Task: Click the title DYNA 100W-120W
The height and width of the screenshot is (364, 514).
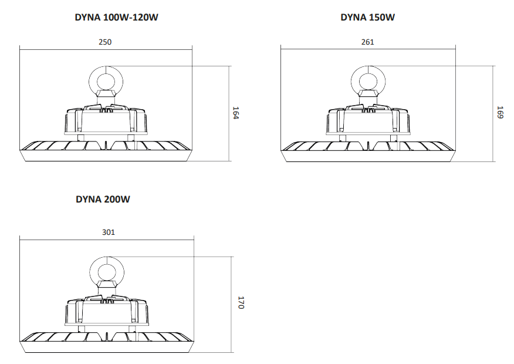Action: click(x=116, y=18)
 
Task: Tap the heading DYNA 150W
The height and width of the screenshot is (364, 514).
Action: click(x=368, y=18)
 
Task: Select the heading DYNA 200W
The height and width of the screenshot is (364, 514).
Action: click(x=103, y=199)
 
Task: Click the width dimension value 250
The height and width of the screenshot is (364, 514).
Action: click(x=106, y=42)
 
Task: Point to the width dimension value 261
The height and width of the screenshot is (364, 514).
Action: click(x=368, y=42)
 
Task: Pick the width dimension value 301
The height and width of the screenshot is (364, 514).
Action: click(x=108, y=232)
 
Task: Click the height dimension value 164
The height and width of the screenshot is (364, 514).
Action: click(x=236, y=113)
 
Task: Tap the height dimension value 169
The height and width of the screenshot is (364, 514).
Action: click(x=500, y=112)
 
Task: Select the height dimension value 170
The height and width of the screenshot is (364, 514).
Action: click(x=240, y=303)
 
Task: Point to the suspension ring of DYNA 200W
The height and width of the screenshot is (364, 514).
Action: click(x=108, y=271)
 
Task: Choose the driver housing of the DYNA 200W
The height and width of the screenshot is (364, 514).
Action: click(x=108, y=311)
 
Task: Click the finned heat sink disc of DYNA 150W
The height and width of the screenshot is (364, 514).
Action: click(x=368, y=146)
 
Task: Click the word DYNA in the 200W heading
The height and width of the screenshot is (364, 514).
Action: click(x=89, y=199)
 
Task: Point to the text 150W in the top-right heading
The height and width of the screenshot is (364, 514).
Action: click(x=382, y=18)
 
